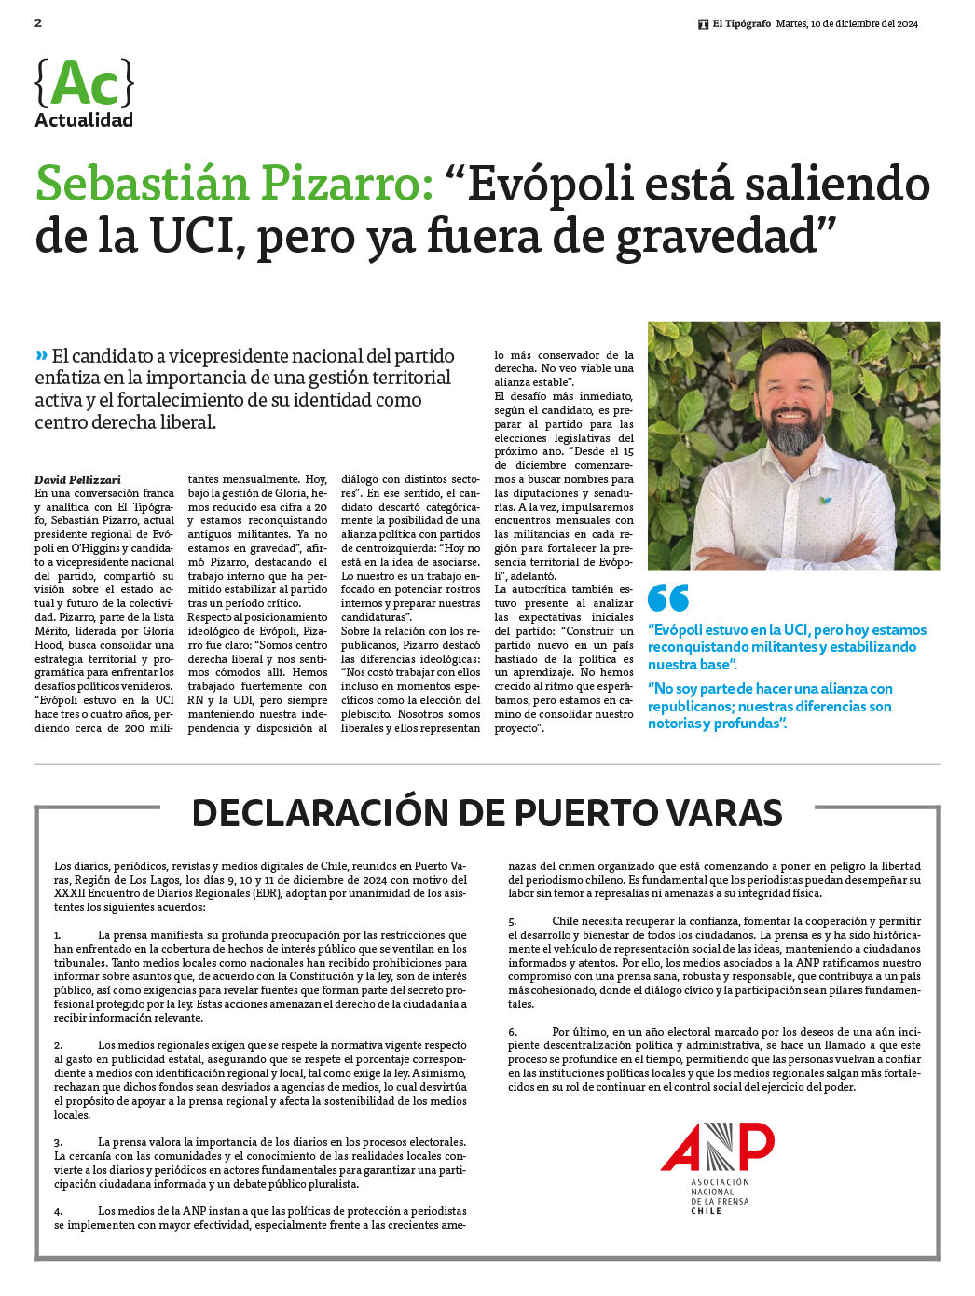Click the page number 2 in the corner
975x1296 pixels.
(x=38, y=23)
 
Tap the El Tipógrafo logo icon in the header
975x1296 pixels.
(x=704, y=24)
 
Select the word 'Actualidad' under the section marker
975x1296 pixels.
(x=84, y=120)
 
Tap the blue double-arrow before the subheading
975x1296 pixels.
(x=41, y=355)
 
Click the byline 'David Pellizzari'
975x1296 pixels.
(x=78, y=479)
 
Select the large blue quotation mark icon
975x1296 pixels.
(x=668, y=598)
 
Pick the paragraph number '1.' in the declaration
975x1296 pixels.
(x=58, y=935)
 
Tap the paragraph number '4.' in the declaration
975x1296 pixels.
(x=58, y=1211)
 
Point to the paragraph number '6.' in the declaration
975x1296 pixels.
(x=513, y=1032)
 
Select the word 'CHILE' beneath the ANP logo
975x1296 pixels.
(x=706, y=1211)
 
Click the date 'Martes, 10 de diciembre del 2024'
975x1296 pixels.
(x=847, y=24)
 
